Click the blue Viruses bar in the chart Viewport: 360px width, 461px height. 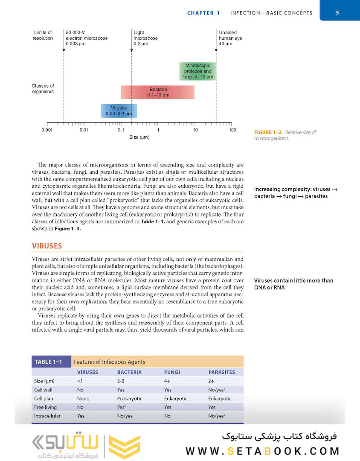point(119,111)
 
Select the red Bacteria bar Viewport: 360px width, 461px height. point(157,92)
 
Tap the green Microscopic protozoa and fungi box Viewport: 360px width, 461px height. point(197,71)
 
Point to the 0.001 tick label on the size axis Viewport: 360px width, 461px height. point(47,130)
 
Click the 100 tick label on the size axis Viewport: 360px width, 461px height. point(232,130)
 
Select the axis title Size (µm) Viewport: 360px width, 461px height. point(139,137)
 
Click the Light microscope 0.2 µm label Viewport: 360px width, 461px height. point(145,38)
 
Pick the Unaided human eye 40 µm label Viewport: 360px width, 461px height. point(230,38)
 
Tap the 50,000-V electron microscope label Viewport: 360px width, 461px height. point(86,38)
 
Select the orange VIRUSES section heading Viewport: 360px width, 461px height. point(47,246)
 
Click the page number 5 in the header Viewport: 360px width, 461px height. point(337,12)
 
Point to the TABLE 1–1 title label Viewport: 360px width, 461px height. point(49,362)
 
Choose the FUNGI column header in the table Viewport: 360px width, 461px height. point(172,372)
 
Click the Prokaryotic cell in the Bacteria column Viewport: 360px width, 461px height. point(130,398)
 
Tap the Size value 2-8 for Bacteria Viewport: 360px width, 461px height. point(121,381)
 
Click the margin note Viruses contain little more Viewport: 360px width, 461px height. point(293,284)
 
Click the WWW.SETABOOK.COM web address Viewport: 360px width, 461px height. point(262,451)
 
